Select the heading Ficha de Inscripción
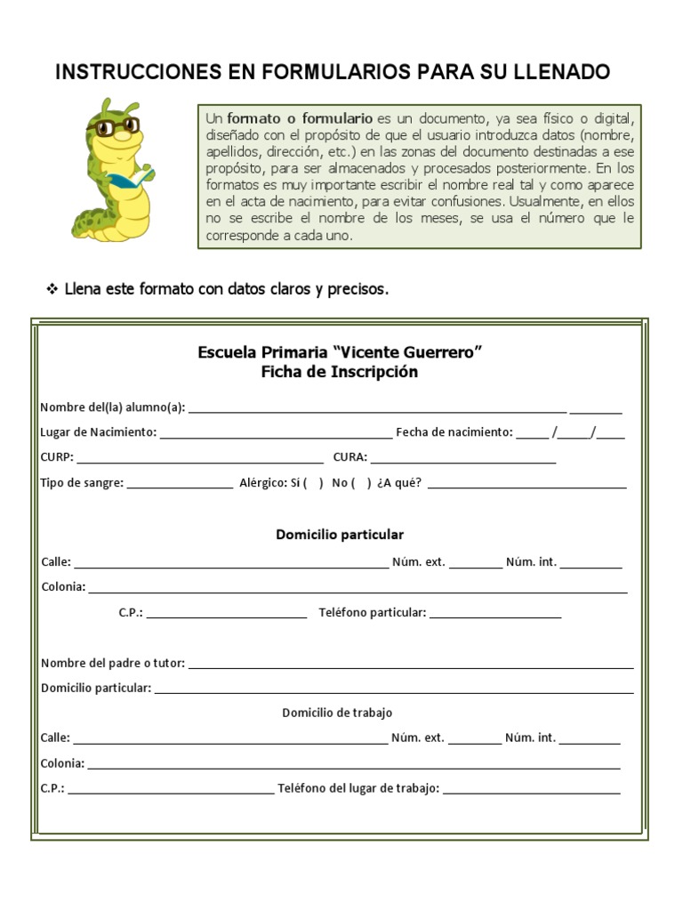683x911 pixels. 340,372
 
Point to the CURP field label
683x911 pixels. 58,458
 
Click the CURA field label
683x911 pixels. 350,458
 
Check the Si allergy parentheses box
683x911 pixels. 313,484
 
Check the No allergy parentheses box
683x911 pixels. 361,484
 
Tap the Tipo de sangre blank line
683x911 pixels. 181,486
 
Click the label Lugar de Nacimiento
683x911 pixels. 98,432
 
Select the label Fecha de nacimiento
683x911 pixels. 454,432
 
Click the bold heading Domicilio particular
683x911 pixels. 340,535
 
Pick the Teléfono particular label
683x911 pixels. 373,613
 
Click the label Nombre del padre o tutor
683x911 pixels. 113,663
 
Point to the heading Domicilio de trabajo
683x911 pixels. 337,713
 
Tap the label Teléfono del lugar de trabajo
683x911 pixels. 358,788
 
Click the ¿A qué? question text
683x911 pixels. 399,484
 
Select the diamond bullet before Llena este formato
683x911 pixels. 52,289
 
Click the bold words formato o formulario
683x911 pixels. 300,118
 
